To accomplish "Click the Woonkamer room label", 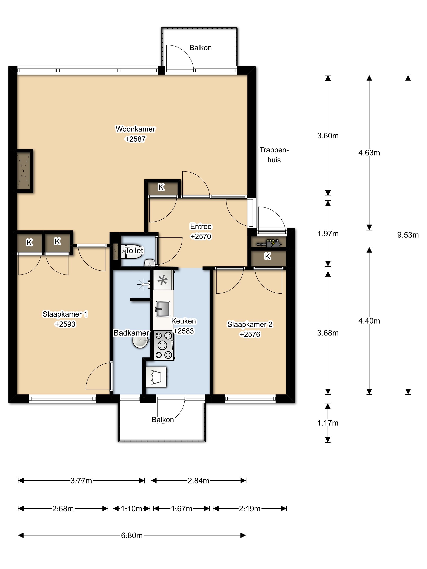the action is pyautogui.click(x=135, y=129).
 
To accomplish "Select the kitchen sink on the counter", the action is pyautogui.click(x=163, y=309).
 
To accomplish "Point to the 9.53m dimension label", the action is pyautogui.click(x=408, y=235).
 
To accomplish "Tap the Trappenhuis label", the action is pyautogui.click(x=274, y=155).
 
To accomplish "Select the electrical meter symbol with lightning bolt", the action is pyautogui.click(x=268, y=243).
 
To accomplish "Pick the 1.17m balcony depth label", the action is pyautogui.click(x=328, y=423).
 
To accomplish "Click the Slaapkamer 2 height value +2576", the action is pyautogui.click(x=250, y=334).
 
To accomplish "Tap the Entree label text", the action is pyautogui.click(x=201, y=226).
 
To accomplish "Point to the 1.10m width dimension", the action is pyautogui.click(x=132, y=509).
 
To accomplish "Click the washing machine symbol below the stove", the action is pyautogui.click(x=156, y=377).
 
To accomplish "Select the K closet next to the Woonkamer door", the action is pyautogui.click(x=161, y=187).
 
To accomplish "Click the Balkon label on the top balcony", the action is pyautogui.click(x=200, y=48).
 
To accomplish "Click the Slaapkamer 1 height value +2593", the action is pyautogui.click(x=65, y=324).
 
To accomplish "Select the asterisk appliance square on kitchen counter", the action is pyautogui.click(x=163, y=280).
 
